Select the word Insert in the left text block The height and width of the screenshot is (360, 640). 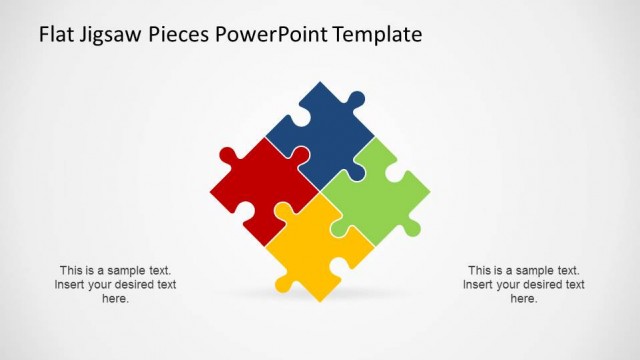point(71,284)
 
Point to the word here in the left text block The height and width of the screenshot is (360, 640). point(115,298)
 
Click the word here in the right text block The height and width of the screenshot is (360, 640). point(524,298)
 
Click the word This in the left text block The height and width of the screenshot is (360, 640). point(71,270)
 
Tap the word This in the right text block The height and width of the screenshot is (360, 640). point(480,270)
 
